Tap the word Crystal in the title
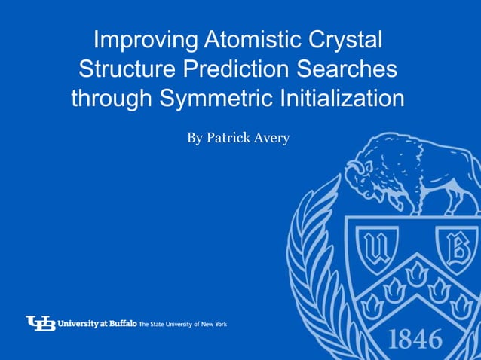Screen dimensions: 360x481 (x=348, y=40)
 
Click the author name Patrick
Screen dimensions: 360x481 (x=230, y=138)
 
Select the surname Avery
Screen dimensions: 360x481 (x=272, y=138)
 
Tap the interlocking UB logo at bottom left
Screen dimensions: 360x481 (x=41, y=323)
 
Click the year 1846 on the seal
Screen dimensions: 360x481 (x=415, y=338)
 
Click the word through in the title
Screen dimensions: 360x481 (x=111, y=99)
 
